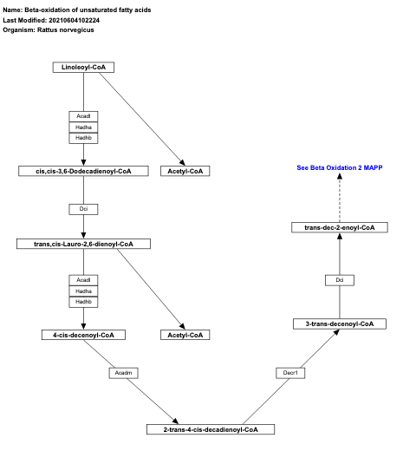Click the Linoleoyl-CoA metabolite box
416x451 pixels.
83,68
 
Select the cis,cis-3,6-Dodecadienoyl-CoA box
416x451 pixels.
83,171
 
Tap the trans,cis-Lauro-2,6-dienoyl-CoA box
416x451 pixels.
83,245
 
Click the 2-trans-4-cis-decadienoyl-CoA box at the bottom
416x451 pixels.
211,428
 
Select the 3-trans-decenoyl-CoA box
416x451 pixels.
339,324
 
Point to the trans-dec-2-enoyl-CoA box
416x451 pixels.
339,227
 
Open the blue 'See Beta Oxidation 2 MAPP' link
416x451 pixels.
339,167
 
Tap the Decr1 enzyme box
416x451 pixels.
290,372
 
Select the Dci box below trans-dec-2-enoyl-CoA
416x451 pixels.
339,279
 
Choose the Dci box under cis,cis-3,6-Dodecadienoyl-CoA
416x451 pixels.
83,209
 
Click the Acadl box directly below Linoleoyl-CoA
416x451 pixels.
83,116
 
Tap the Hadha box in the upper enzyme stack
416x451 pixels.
83,127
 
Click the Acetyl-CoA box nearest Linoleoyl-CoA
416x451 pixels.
185,171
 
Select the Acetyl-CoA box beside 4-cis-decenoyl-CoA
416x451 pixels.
185,334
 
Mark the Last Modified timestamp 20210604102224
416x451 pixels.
88,19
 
